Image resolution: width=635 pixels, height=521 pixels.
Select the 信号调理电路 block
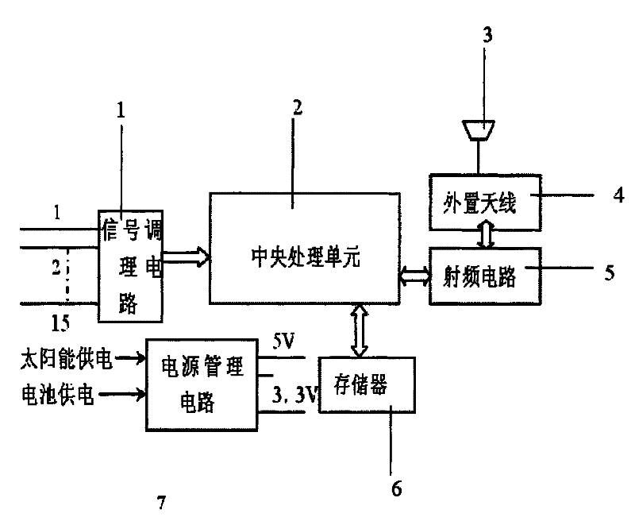coord(129,265)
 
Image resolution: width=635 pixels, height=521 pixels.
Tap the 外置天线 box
coord(483,196)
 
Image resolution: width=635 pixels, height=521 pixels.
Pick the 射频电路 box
coord(483,275)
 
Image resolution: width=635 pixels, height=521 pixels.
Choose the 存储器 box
coord(365,385)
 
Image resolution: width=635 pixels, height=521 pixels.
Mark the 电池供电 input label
coord(56,394)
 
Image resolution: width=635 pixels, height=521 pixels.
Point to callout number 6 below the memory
coord(394,487)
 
